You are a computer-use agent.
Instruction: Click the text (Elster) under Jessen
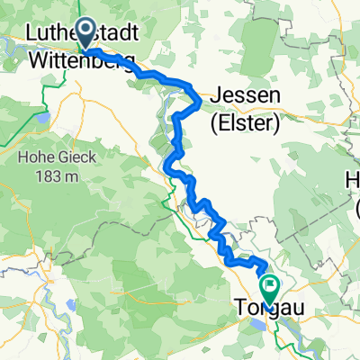click(246, 122)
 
